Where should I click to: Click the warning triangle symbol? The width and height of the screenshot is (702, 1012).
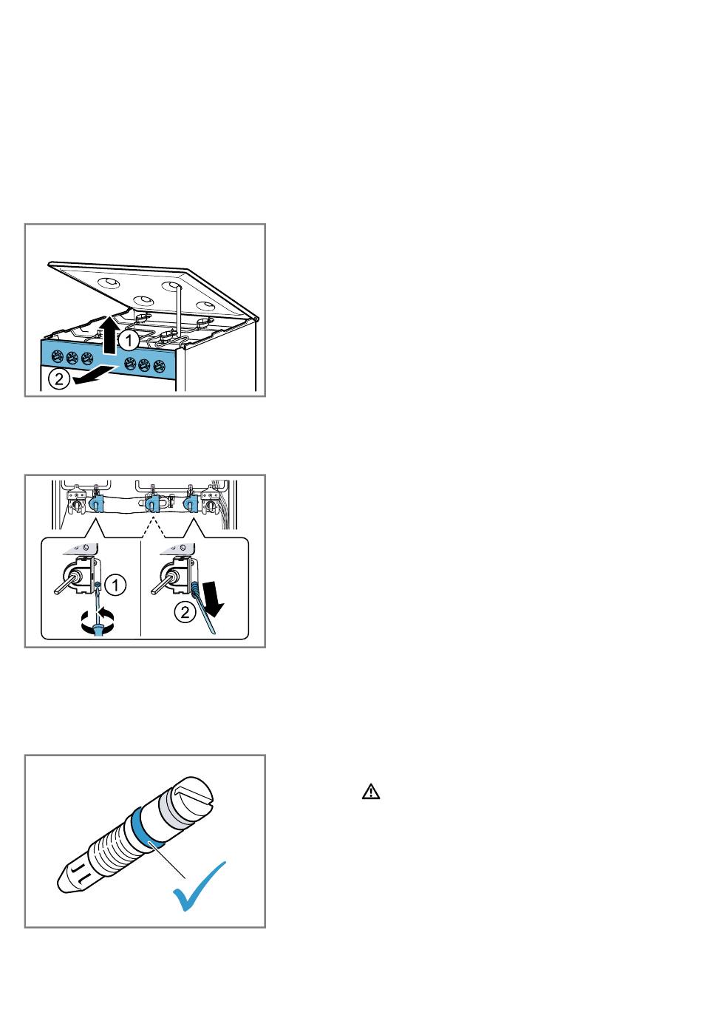pos(370,792)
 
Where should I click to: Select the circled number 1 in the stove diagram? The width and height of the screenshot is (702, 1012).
pos(129,340)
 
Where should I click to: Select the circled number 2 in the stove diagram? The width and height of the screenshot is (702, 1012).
pos(58,378)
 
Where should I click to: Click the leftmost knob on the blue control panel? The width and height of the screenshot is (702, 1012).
pos(58,357)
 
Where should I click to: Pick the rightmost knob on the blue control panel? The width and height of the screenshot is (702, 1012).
pos(159,365)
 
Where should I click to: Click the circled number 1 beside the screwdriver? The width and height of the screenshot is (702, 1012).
pos(115,585)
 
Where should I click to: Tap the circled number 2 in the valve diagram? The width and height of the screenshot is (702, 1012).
pos(185,613)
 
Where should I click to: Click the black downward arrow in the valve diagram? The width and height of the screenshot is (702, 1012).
pos(213,599)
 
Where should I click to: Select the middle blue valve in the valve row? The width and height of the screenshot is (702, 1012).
pos(153,503)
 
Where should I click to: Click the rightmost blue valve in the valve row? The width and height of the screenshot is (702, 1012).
pos(191,503)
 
